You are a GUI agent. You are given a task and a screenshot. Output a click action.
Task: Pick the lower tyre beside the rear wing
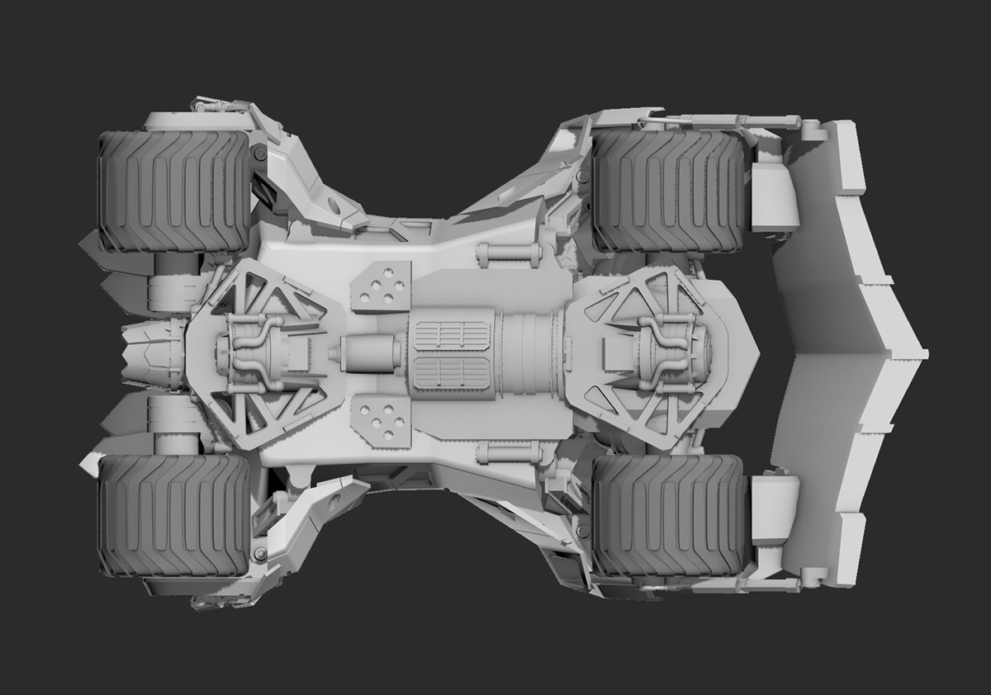[x=669, y=516]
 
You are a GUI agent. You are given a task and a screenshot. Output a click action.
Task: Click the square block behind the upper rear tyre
[x=775, y=196]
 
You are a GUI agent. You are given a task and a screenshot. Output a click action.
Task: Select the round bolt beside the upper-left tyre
[x=261, y=154]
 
